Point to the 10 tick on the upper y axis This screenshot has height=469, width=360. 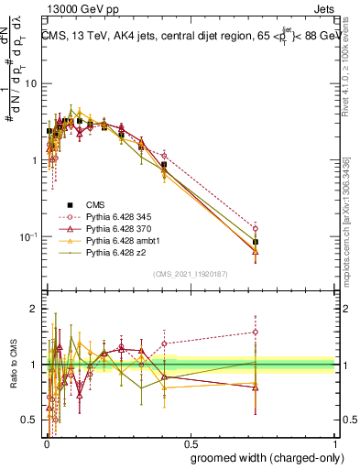click(32, 83)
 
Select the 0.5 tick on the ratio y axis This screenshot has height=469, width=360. click(31, 420)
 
